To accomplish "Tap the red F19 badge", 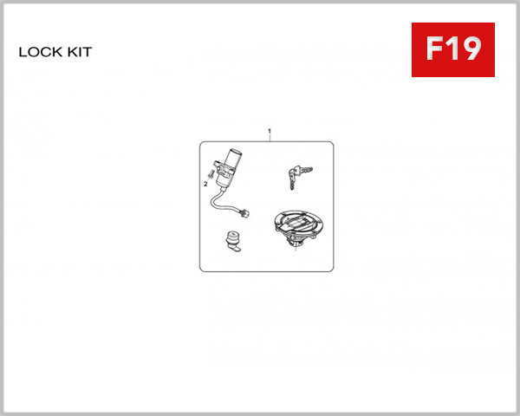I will [x=452, y=49].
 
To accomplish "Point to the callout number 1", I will [x=270, y=132].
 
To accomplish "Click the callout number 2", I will [x=205, y=184].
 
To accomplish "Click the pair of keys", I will [x=294, y=176].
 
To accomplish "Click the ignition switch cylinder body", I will [x=228, y=166].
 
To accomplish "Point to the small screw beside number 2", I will [x=212, y=177].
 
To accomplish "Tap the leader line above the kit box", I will [x=270, y=139].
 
